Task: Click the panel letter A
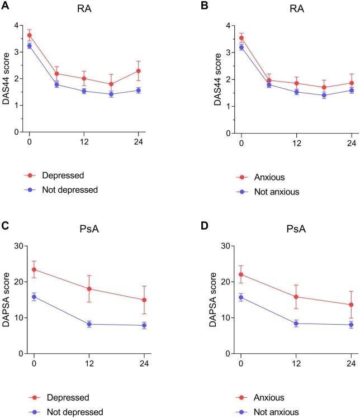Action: click(4, 5)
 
